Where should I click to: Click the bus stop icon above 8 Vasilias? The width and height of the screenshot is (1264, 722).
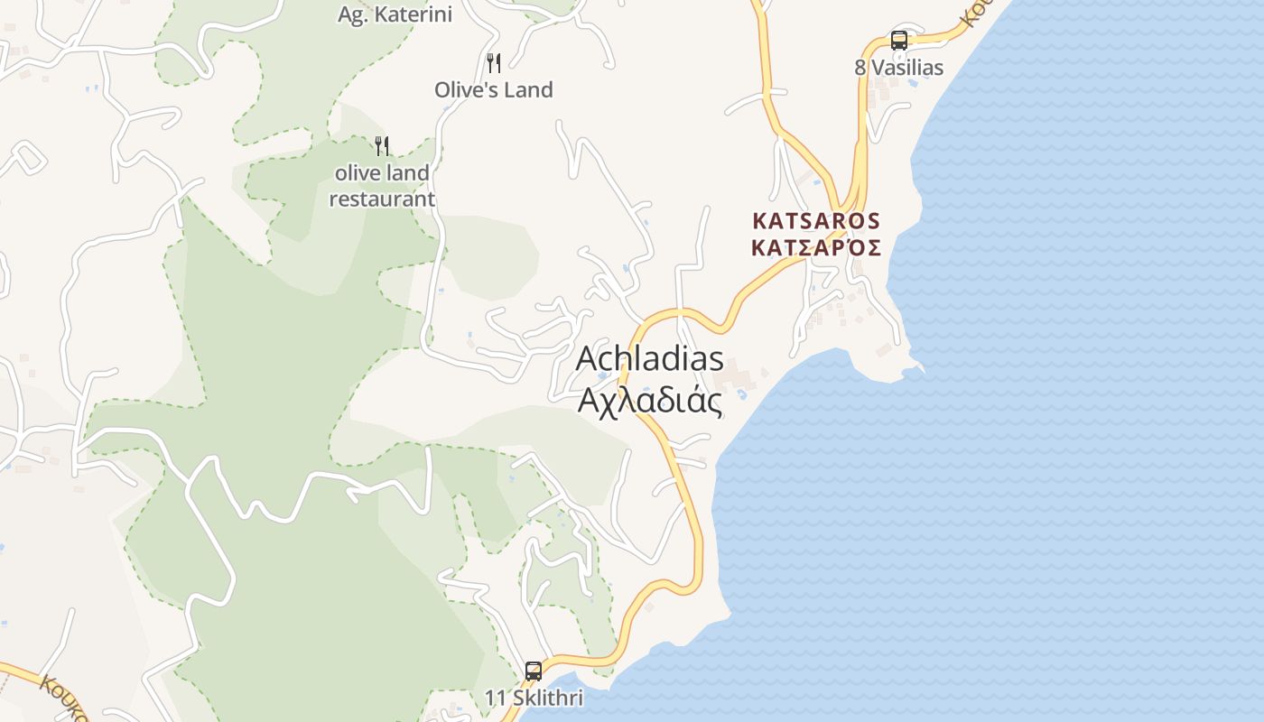coord(899,40)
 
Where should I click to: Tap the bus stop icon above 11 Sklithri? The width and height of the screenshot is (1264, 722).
coord(534,671)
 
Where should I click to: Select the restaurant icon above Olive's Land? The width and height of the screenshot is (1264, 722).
coord(493,62)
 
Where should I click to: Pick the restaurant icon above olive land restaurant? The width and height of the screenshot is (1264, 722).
coord(382,145)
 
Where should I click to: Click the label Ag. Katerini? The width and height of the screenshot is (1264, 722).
coord(395,14)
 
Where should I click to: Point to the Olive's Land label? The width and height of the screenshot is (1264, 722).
coord(493,90)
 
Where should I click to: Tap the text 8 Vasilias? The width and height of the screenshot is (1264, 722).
coord(899,68)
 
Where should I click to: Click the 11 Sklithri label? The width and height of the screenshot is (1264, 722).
coord(534,698)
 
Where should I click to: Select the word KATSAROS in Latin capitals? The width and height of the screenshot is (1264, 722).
coord(816,220)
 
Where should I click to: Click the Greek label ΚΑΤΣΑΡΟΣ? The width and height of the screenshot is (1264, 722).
coord(816,247)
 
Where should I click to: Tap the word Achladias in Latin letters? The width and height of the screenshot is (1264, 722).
coord(650,358)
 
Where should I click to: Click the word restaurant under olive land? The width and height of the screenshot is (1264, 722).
coord(382,199)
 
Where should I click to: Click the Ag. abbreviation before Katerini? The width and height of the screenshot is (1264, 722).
coord(353,14)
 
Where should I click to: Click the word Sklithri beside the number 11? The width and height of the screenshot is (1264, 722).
coord(546,698)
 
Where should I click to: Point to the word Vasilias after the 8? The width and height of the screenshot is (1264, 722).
coord(908,68)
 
